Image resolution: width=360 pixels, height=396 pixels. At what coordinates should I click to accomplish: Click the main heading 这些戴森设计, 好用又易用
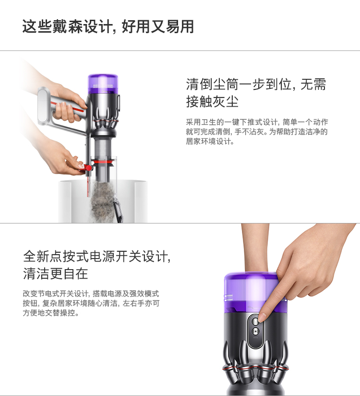(x=108, y=26)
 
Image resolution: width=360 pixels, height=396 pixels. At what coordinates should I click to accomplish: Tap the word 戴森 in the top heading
(x=68, y=26)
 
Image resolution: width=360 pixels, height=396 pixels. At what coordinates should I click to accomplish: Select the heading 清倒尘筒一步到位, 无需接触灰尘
(x=256, y=93)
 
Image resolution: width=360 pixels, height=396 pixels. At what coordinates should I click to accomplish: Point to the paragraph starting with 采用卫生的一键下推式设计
(x=257, y=132)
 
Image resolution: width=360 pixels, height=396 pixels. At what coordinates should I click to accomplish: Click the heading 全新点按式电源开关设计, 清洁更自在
(x=97, y=265)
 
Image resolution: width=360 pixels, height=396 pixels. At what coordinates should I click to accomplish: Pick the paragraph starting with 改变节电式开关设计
(x=91, y=303)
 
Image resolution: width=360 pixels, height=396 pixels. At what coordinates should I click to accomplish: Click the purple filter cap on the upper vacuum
(x=103, y=83)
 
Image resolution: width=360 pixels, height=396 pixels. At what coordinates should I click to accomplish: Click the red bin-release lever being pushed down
(x=86, y=168)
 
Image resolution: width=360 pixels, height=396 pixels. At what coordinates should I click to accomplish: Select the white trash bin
(x=103, y=201)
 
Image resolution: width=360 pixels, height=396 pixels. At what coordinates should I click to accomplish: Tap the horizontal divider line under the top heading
(x=180, y=50)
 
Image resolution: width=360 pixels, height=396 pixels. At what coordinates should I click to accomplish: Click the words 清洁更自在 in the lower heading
(x=56, y=274)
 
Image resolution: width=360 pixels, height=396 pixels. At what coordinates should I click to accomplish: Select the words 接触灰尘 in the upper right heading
(x=212, y=102)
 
